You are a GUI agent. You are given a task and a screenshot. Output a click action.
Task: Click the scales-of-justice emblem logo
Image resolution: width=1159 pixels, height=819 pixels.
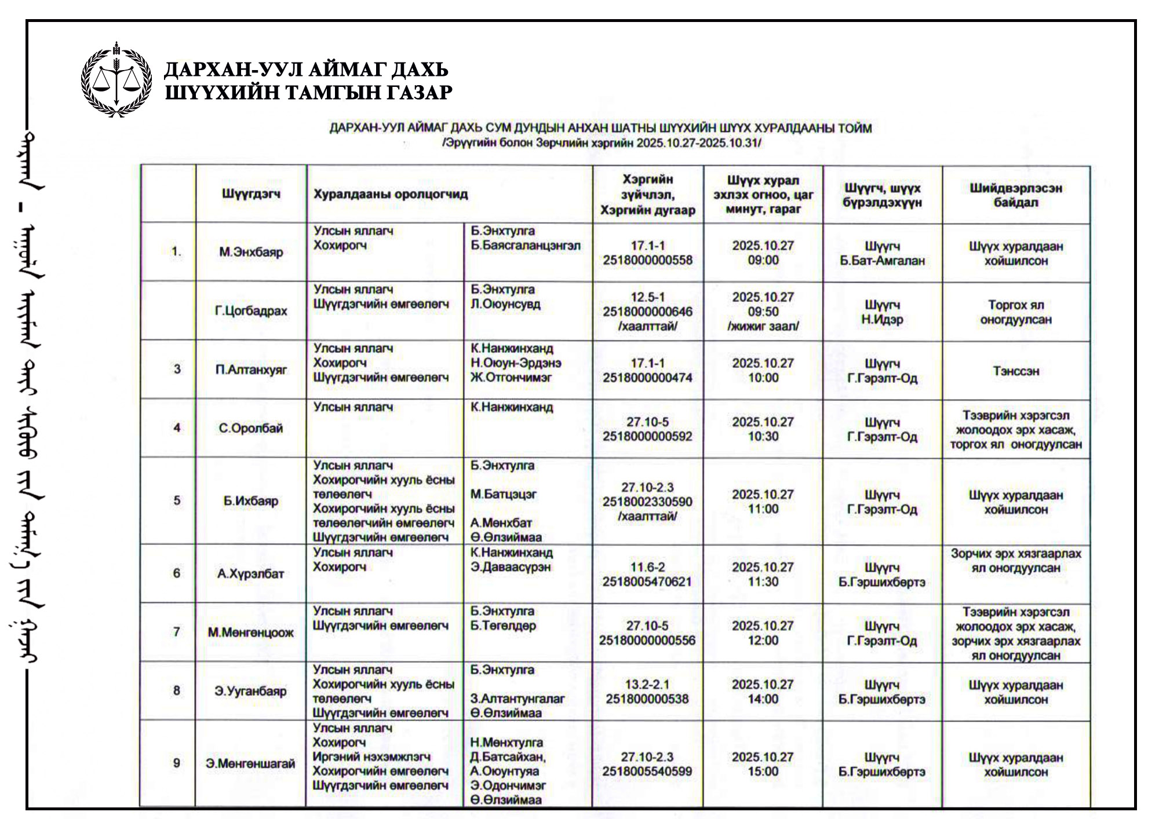click(116, 79)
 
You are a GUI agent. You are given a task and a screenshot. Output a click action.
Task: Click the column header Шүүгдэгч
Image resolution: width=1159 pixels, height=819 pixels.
click(251, 193)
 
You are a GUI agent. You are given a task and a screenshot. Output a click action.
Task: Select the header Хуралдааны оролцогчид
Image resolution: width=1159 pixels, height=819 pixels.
click(391, 194)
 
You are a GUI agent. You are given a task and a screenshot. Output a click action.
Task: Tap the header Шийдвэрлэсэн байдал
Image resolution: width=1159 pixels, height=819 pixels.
click(1015, 195)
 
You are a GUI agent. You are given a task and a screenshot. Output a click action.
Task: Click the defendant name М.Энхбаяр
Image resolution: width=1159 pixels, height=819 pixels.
click(251, 252)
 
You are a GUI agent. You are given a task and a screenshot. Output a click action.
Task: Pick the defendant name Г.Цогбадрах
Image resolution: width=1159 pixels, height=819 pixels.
click(251, 311)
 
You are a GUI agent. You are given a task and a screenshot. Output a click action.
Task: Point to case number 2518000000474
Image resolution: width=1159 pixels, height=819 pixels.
click(647, 378)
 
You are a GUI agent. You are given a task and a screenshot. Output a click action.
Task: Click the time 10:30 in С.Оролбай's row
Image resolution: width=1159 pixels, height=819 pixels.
click(763, 436)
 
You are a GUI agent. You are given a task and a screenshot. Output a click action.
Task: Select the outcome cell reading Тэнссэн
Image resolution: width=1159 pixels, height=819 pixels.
click(1015, 371)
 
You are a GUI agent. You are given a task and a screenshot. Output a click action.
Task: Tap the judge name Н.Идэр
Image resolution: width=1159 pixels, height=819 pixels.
click(882, 319)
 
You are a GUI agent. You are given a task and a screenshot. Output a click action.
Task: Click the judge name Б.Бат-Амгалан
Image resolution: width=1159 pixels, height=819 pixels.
click(882, 261)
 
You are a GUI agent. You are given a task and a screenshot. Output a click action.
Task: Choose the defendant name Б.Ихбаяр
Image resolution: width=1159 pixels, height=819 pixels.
click(251, 501)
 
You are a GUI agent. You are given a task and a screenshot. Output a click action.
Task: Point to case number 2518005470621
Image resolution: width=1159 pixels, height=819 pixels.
click(647, 582)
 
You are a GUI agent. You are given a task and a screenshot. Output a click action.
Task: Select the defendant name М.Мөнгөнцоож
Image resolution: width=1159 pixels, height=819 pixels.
click(251, 632)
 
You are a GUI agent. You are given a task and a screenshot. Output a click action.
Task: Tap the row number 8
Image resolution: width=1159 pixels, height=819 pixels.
click(177, 690)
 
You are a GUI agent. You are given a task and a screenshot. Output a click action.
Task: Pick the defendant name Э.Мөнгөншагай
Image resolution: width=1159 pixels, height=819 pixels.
click(250, 763)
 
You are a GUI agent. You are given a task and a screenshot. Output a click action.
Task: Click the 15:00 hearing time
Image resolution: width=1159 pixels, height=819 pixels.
click(763, 771)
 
